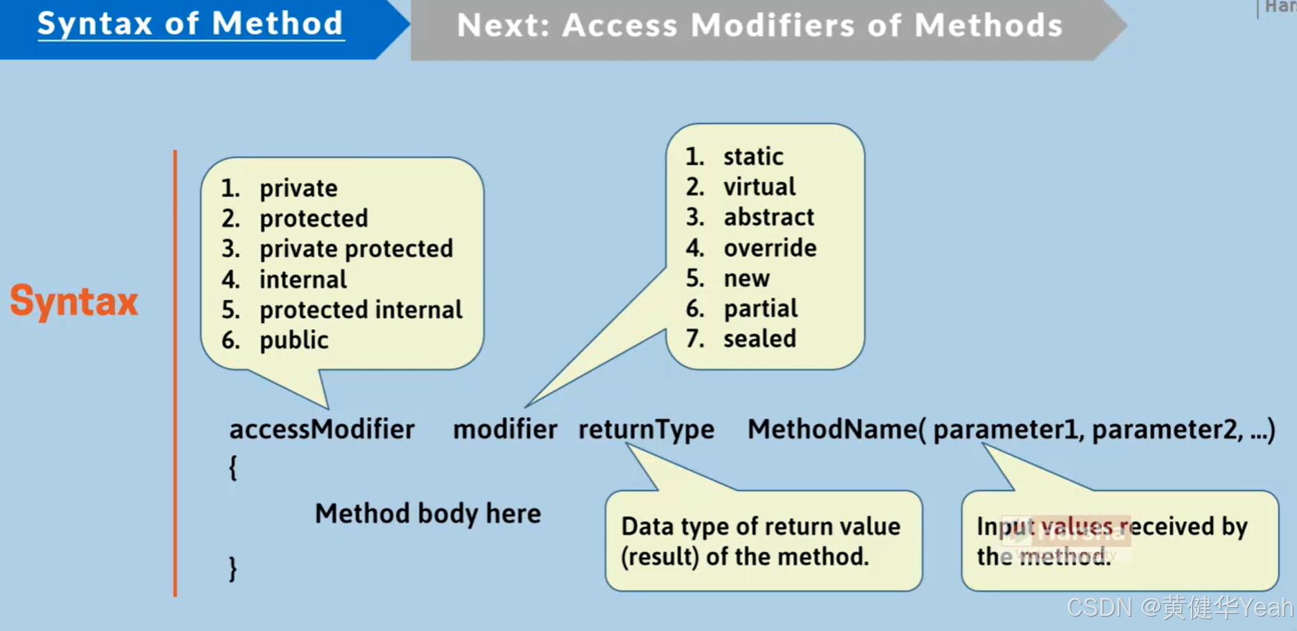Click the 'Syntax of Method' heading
(x=190, y=24)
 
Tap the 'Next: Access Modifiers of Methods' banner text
(x=759, y=26)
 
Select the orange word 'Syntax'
(x=74, y=302)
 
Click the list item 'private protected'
(x=356, y=249)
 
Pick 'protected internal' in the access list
(x=360, y=310)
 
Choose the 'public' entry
(x=293, y=340)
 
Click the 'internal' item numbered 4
(x=303, y=279)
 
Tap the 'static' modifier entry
(x=753, y=156)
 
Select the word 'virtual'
(x=759, y=187)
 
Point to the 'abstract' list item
(x=768, y=217)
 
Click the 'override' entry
(x=770, y=248)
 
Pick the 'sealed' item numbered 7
(x=759, y=339)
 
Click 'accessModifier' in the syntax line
(x=321, y=429)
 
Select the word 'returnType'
(x=646, y=429)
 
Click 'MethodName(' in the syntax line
(x=836, y=429)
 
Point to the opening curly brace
(x=232, y=467)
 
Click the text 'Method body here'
(x=428, y=513)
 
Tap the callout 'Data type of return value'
(x=760, y=526)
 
